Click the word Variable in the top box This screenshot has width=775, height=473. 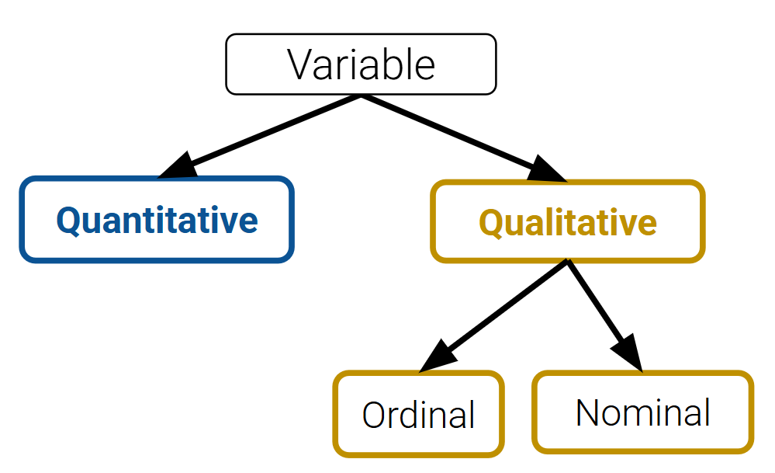point(362,64)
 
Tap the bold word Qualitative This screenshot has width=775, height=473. point(568,223)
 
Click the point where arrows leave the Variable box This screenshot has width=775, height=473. point(362,96)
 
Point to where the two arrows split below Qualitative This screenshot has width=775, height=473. point(568,262)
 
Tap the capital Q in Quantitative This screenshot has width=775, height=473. point(68,221)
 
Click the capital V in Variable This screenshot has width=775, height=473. point(300,64)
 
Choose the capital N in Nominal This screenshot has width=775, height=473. point(587,412)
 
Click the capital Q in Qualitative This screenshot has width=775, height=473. point(491,223)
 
